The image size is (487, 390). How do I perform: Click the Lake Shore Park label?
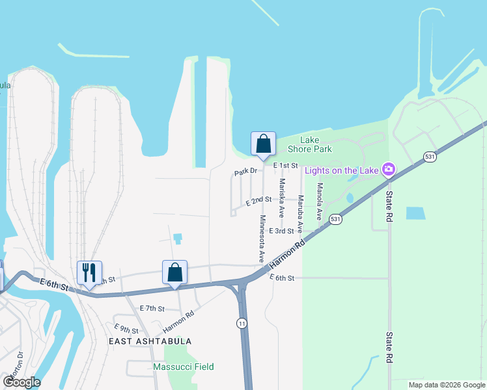tap(316, 144)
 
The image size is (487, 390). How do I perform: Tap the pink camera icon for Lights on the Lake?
tap(389, 170)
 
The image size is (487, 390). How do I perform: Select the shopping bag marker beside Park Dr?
tap(263, 144)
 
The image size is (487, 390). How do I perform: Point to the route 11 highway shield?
tap(241, 323)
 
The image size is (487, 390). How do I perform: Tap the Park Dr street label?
tap(246, 172)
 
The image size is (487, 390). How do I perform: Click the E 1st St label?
tap(285, 166)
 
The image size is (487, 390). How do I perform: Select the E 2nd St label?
tap(258, 201)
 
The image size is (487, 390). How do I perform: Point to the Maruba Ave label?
tap(300, 214)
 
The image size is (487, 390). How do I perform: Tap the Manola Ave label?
tap(319, 201)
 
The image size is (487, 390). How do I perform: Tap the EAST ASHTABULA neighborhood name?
tap(150, 341)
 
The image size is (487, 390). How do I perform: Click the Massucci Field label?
tap(183, 367)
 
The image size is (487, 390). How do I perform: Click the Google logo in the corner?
tap(21, 382)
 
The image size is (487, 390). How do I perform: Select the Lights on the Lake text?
tap(342, 170)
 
